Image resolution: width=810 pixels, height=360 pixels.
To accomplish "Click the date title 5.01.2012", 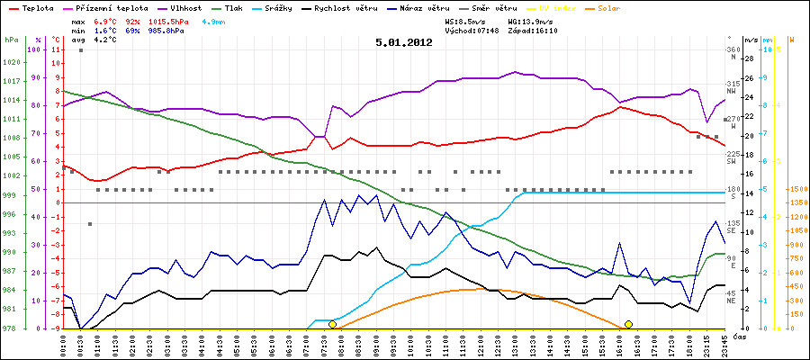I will click(x=404, y=41).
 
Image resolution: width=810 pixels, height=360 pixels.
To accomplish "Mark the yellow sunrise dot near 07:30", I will click(x=333, y=324).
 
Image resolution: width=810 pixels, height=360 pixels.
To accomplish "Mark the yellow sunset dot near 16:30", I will click(x=628, y=324).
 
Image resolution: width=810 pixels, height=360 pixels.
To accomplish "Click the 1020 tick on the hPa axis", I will click(x=11, y=63).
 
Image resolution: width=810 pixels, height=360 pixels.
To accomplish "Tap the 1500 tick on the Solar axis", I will click(x=797, y=189).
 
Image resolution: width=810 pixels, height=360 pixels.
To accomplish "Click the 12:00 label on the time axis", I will click(x=479, y=344).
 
